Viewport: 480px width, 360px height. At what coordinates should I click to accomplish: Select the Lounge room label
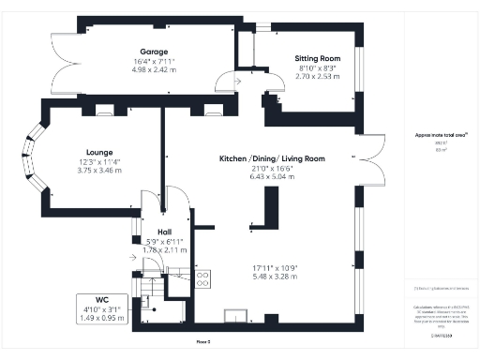point(99,151)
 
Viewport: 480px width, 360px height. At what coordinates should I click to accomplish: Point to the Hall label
point(164,232)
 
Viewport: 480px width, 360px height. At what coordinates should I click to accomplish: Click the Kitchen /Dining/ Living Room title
point(272,159)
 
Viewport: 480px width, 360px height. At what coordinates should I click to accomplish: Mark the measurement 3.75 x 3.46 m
point(99,169)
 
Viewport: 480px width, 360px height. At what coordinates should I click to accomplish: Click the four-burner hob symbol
point(202,278)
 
